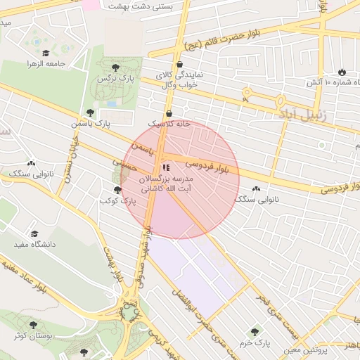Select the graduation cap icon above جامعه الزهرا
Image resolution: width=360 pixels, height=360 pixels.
coord(46,53)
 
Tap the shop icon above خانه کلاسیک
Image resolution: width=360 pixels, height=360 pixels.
coord(169,113)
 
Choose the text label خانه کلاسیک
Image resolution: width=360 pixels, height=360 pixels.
coord(169,124)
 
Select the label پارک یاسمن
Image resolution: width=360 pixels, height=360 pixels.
coord(90,124)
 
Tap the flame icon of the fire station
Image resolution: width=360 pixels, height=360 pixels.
coord(342,72)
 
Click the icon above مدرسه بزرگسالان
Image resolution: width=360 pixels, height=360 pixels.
coord(166,167)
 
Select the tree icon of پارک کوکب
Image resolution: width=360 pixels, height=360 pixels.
coord(117,190)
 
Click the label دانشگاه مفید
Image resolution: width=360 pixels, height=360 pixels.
coord(34,244)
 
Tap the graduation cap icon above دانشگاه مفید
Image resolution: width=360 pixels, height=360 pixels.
coord(34,233)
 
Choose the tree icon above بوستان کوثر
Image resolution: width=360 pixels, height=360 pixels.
coord(33,324)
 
